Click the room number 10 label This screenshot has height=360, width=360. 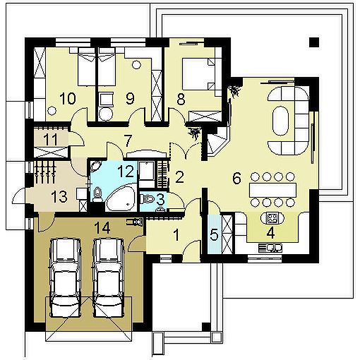(68, 98)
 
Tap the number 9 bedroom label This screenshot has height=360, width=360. (130, 98)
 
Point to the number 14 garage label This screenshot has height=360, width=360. (102, 227)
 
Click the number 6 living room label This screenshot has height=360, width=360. (236, 178)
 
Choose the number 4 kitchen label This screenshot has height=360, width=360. (271, 233)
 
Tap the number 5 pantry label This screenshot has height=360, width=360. (214, 235)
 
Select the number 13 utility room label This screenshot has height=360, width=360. (59, 196)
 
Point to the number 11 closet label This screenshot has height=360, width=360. (51, 139)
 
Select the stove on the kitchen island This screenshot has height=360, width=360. (272, 218)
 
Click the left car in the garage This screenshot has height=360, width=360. (65, 278)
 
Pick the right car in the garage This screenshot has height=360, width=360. (108, 278)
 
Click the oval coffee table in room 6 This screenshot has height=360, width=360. (281, 121)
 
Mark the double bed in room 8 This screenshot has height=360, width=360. (199, 74)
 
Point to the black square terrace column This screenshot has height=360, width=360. (314, 42)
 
